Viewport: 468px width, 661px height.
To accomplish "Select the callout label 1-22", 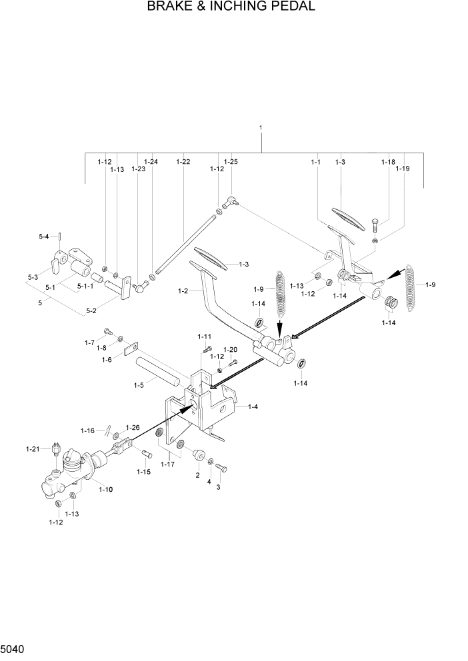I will pyautogui.click(x=183, y=162).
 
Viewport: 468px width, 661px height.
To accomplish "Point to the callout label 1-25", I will pyautogui.click(x=231, y=162).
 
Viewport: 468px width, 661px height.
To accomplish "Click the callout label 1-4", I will pyautogui.click(x=254, y=406).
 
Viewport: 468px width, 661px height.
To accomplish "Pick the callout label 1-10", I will pyautogui.click(x=105, y=490).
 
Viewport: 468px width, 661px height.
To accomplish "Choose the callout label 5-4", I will pyautogui.click(x=44, y=237).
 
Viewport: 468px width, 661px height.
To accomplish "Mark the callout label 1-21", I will pyautogui.click(x=33, y=450).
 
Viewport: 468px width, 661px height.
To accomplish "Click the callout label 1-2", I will pyautogui.click(x=185, y=291).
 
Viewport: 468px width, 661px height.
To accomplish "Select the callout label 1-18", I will pyautogui.click(x=388, y=162).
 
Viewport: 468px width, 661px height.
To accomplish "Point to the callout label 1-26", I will pyautogui.click(x=133, y=427).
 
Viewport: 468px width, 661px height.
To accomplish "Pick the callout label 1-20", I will pyautogui.click(x=229, y=349).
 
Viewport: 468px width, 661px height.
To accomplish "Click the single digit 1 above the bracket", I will pyautogui.click(x=261, y=127).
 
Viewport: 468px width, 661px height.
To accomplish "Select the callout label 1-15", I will pyautogui.click(x=144, y=471).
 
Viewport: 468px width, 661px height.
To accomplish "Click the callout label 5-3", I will pyautogui.click(x=33, y=277).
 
